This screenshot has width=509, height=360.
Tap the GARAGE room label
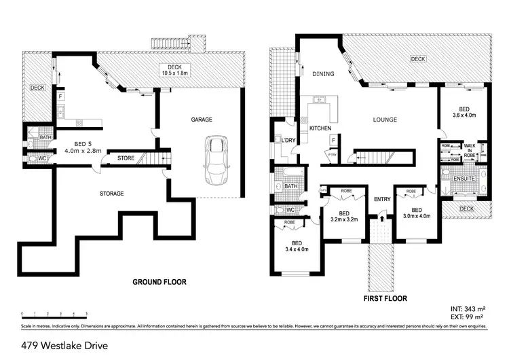tap(201, 120)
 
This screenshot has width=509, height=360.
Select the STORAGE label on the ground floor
tap(112, 194)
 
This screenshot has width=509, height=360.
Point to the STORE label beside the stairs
tap(126, 159)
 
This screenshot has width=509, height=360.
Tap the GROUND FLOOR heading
tap(159, 282)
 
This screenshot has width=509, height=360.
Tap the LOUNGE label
tap(384, 120)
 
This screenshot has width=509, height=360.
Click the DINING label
tap(320, 74)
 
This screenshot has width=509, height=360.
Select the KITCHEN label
tap(320, 128)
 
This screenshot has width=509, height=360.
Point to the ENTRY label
tap(382, 199)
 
